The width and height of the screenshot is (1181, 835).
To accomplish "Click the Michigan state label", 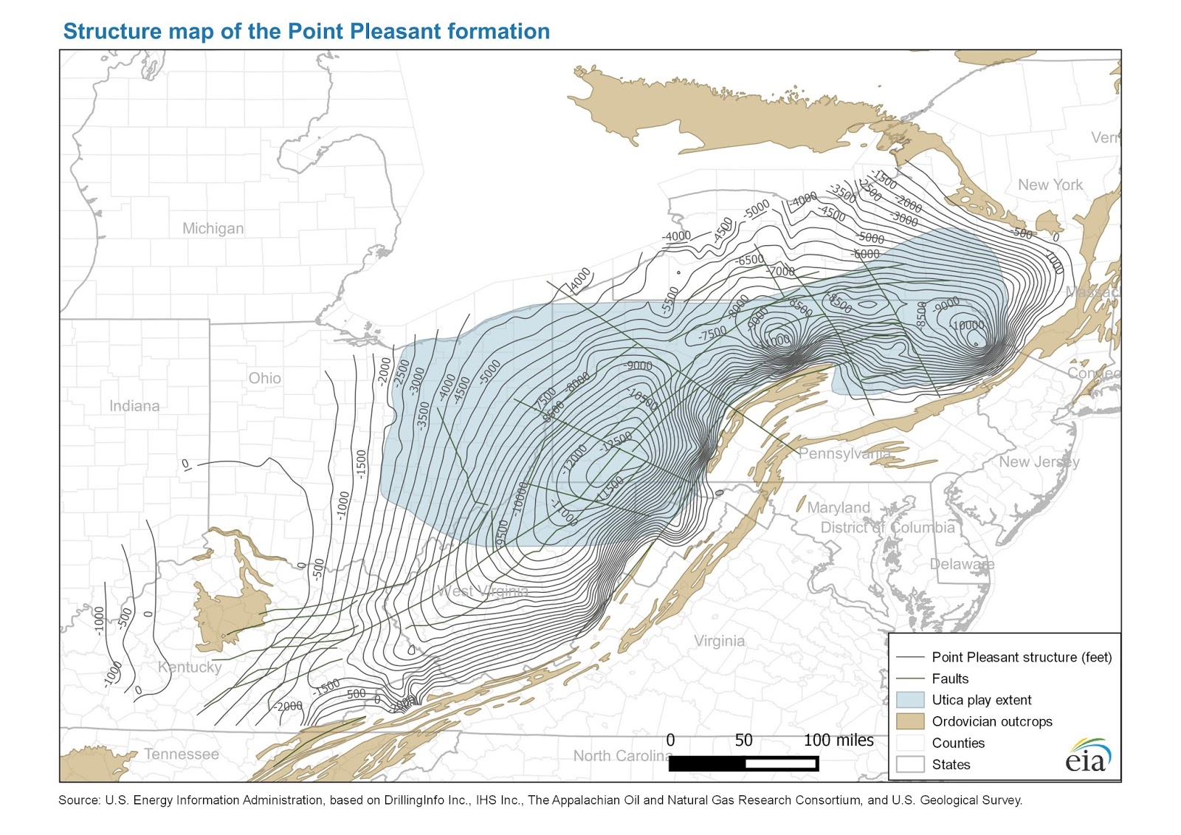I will point(213,229).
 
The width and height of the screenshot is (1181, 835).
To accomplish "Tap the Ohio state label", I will point(264,378).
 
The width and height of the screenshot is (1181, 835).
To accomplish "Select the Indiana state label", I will point(134,406).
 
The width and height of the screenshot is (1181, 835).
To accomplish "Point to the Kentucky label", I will point(190,667).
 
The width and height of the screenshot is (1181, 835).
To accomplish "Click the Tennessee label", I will point(182,754).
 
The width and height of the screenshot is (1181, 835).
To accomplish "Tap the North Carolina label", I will point(622,755).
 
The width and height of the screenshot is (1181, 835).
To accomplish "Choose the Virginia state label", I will point(719,641).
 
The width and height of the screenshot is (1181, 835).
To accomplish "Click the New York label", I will point(1050,185).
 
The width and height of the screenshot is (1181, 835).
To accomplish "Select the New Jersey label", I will point(1039,461).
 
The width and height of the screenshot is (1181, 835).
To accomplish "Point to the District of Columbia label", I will point(887,527).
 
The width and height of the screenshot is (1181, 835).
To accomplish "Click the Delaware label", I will point(961,564).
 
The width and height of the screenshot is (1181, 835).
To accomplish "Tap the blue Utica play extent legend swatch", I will point(909,700).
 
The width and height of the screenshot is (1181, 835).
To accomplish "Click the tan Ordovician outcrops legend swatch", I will point(909,721).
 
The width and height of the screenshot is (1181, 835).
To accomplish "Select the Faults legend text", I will point(950,678).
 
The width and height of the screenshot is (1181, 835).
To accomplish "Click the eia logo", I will point(1087,756).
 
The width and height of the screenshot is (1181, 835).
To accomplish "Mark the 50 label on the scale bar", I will point(743,740).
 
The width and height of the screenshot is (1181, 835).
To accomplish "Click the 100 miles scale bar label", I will point(839,740).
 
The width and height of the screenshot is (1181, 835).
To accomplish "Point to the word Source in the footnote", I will point(78,800).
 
